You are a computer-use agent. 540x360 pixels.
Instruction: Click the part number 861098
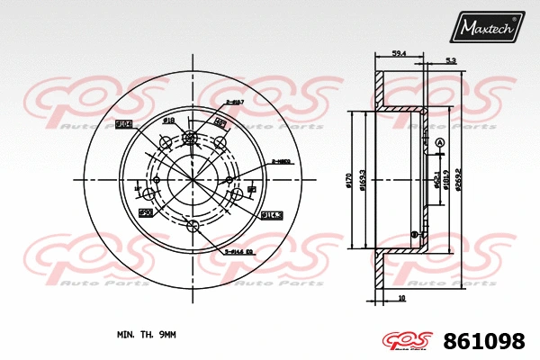pyautogui.click(x=486, y=341)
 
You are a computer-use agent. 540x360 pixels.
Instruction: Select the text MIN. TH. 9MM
pyautogui.click(x=147, y=334)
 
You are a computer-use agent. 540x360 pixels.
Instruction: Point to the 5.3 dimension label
pyautogui.click(x=449, y=60)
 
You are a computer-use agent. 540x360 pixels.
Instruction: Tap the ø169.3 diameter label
pyautogui.click(x=363, y=180)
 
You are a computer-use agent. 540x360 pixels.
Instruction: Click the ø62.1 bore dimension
pyautogui.click(x=437, y=180)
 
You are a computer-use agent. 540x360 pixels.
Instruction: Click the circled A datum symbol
pyautogui.click(x=439, y=144)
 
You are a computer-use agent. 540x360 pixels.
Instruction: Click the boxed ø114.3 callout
pyautogui.click(x=271, y=214)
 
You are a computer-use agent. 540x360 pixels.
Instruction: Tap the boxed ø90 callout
pyautogui.click(x=144, y=212)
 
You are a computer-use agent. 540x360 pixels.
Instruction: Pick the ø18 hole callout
pyautogui.click(x=168, y=120)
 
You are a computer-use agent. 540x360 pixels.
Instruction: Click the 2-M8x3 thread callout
pyautogui.click(x=280, y=162)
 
